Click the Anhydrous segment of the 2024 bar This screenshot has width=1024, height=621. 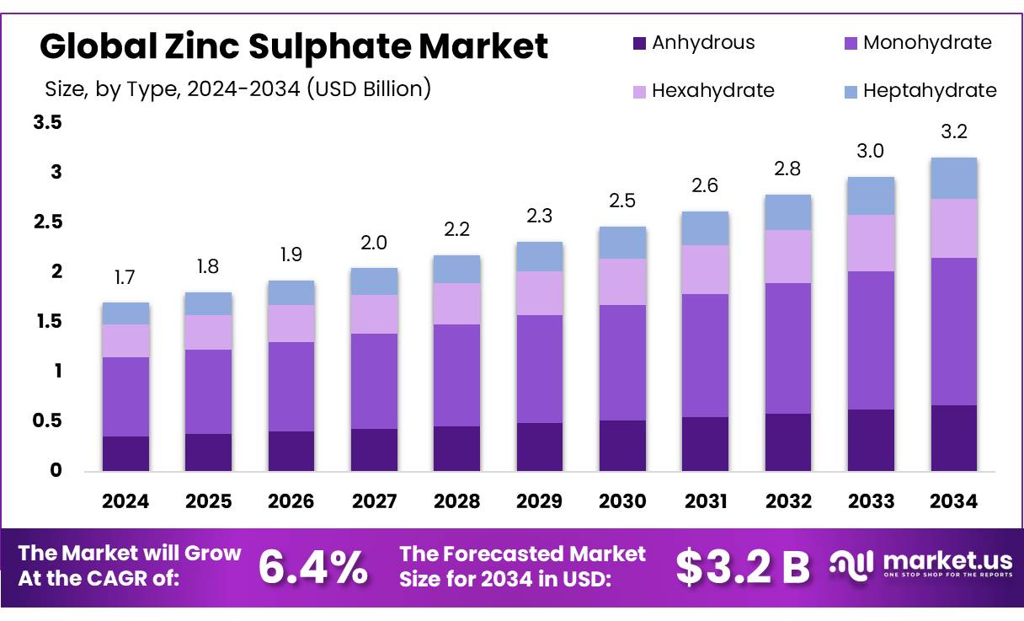125,453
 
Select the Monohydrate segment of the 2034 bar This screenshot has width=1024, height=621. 954,331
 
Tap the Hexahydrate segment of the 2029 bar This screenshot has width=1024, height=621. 539,293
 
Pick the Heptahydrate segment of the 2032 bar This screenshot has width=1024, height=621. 788,212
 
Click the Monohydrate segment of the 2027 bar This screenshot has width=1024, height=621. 374,381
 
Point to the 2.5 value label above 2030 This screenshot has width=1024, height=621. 622,201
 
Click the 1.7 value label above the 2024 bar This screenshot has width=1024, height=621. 125,277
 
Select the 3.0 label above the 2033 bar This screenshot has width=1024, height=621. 871,151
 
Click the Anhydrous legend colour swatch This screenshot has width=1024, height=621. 639,42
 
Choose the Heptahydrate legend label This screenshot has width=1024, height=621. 930,90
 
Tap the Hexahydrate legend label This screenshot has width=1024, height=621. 713,90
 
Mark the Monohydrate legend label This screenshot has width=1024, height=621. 927,42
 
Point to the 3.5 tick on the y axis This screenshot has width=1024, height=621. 48,123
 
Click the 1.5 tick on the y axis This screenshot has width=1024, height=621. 48,321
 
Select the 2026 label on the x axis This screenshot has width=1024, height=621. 291,501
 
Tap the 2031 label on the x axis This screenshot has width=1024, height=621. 706,501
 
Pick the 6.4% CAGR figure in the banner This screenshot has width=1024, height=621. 312,567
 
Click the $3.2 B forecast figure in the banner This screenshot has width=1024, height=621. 742,567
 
